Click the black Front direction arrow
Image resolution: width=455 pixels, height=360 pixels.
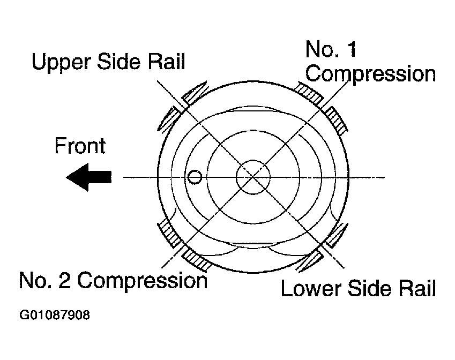[x=88, y=177]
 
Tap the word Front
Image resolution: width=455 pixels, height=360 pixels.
[x=80, y=146]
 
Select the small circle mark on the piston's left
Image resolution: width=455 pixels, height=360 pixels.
[x=195, y=177]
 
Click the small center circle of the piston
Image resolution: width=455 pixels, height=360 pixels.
[x=253, y=177]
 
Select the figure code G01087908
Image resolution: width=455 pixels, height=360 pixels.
[x=55, y=315]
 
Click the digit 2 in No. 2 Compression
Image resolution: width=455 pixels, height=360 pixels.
[x=64, y=280]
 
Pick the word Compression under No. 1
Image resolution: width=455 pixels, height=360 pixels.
[x=370, y=74]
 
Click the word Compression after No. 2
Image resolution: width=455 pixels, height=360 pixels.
[x=143, y=281]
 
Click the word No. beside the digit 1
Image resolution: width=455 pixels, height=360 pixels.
[x=323, y=49]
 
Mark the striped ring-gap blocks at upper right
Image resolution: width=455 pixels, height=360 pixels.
[x=322, y=107]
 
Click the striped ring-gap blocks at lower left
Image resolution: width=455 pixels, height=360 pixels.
[x=183, y=245]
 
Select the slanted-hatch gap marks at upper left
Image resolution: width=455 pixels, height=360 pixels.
[x=182, y=106]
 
